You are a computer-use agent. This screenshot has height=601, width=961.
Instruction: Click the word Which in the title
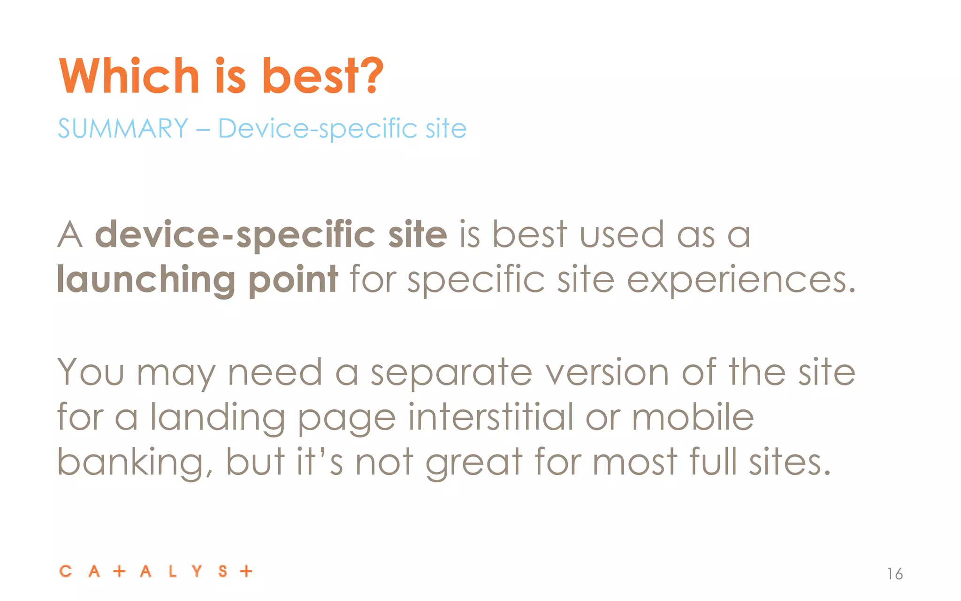130,76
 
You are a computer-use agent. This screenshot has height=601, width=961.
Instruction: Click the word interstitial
490,417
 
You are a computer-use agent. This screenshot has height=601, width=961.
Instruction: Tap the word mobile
693,417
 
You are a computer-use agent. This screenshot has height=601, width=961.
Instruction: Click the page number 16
895,574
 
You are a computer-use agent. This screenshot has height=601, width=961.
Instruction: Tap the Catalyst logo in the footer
156,571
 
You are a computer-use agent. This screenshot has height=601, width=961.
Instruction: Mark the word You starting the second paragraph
91,372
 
